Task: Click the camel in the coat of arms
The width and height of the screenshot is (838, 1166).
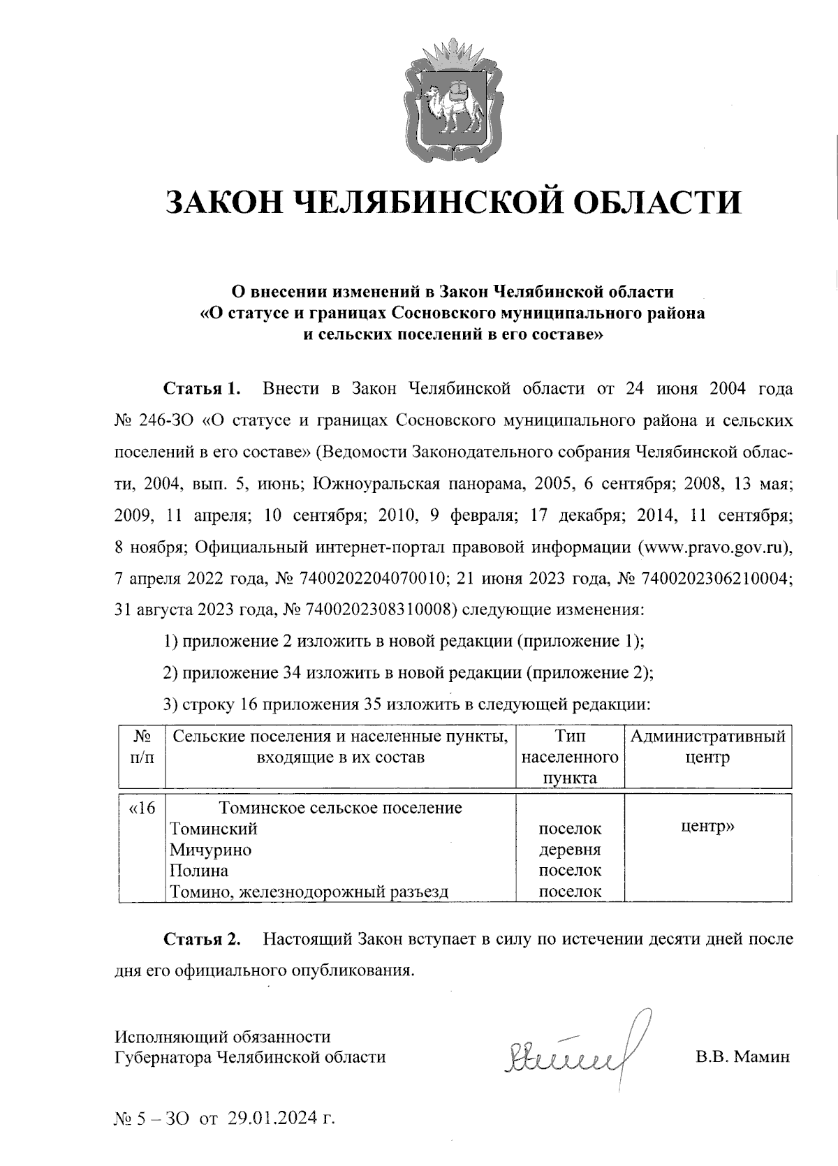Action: [450, 107]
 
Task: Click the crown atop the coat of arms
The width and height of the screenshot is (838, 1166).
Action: [453, 55]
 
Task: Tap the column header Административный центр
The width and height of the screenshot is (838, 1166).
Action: [707, 747]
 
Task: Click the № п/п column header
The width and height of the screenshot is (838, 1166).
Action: [142, 747]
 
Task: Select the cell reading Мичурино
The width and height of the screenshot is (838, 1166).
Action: [211, 850]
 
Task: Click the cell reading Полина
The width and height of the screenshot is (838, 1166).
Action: [199, 871]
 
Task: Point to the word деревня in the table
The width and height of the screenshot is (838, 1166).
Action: [570, 850]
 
